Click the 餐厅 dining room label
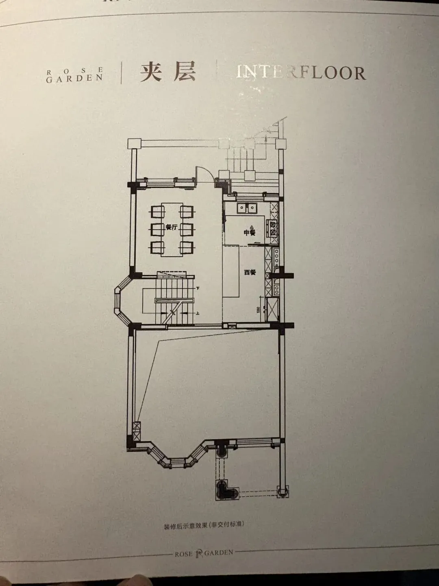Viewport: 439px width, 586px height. (x=172, y=227)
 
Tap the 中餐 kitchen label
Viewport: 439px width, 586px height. (x=249, y=232)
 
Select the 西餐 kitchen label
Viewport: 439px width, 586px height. (x=250, y=272)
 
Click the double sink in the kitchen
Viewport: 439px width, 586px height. (x=247, y=208)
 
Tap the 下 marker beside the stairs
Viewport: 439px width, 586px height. (x=198, y=288)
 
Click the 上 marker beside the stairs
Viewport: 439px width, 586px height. (x=198, y=313)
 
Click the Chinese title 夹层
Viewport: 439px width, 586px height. (x=168, y=72)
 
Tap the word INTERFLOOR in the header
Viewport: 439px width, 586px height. (x=301, y=72)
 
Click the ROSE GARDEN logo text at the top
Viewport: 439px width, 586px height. (x=74, y=75)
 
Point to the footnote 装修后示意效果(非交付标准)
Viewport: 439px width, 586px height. (x=204, y=525)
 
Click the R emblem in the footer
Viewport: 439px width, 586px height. (x=199, y=553)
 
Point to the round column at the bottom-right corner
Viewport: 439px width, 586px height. (x=283, y=492)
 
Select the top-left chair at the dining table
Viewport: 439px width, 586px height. (x=157, y=212)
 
